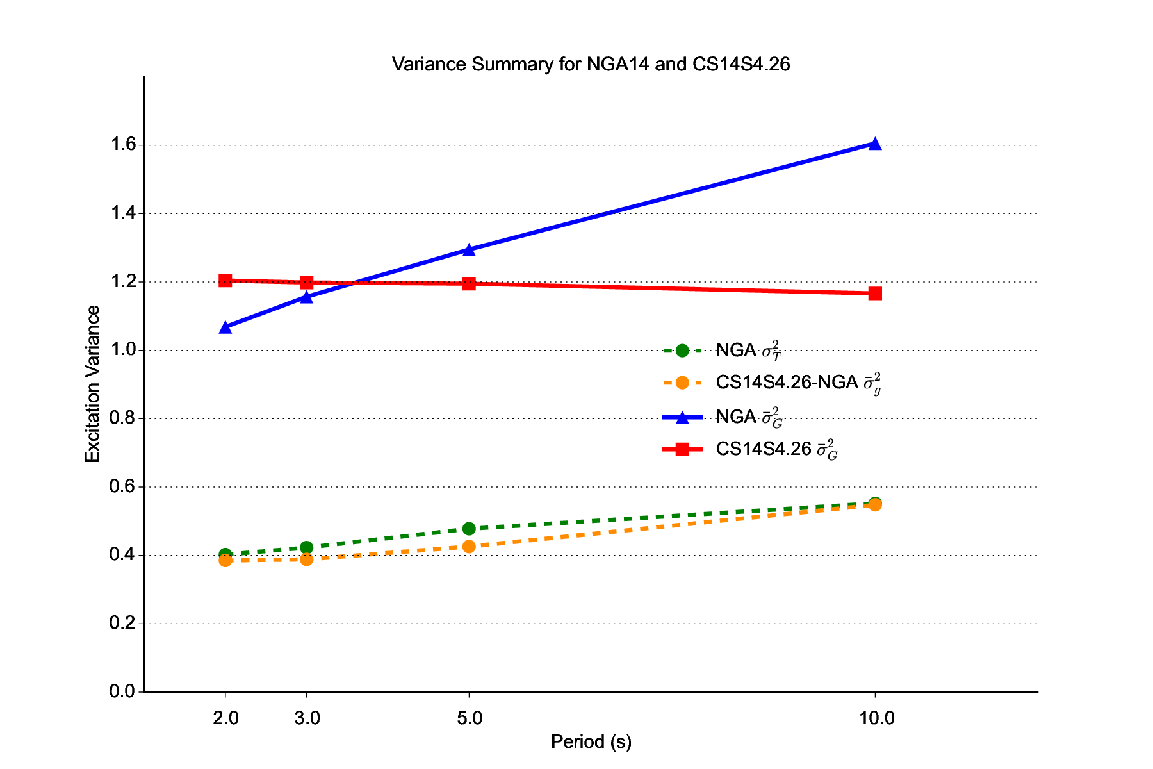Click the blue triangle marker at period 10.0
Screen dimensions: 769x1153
click(x=875, y=144)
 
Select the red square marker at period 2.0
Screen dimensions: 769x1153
click(x=225, y=280)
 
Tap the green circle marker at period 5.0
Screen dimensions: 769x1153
click(x=469, y=529)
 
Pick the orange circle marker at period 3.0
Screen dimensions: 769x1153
click(x=306, y=559)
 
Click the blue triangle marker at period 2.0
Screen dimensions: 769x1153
click(x=225, y=327)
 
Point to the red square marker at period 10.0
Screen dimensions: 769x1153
click(x=875, y=294)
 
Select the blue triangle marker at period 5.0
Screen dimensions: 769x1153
click(x=469, y=250)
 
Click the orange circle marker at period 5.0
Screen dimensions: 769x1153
click(x=469, y=547)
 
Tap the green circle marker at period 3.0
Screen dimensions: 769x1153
click(x=306, y=547)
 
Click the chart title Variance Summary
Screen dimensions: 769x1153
click(x=591, y=64)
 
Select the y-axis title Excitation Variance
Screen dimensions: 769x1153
click(x=93, y=384)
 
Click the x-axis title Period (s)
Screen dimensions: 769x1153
click(x=591, y=741)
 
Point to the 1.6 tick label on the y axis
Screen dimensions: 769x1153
click(x=123, y=145)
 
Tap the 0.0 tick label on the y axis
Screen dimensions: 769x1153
click(x=123, y=691)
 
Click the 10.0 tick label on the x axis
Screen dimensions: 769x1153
click(x=876, y=718)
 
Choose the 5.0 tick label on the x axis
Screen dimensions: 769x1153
click(x=470, y=718)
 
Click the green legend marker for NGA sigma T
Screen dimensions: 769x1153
click(x=682, y=351)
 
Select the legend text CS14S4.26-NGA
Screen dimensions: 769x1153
click(x=787, y=383)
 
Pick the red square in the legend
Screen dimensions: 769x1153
click(x=682, y=450)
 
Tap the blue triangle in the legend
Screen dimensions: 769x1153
click(x=682, y=418)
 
